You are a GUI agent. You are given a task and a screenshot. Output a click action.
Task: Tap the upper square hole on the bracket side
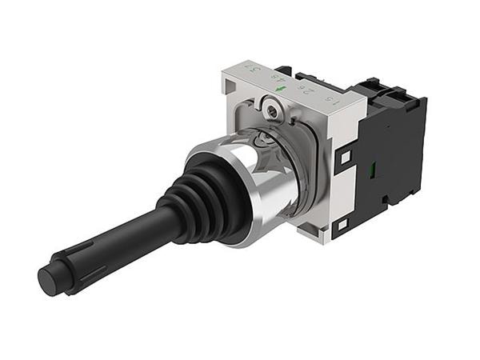tap(345, 158)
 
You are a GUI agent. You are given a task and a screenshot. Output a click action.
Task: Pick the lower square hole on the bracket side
tap(341, 226)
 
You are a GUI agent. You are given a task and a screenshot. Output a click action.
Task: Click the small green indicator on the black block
tap(373, 170)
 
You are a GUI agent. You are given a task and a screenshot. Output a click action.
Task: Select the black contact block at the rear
tap(392, 152)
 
